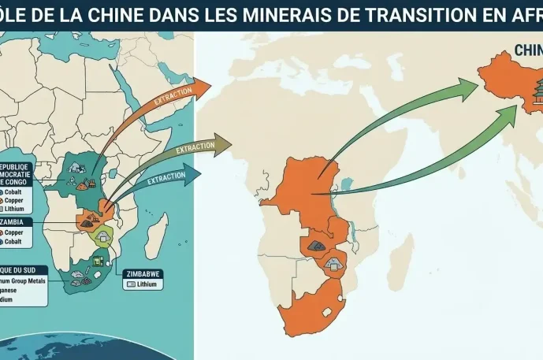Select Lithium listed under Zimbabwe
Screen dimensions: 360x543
click(143, 284)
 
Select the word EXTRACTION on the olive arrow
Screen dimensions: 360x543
click(195, 147)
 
